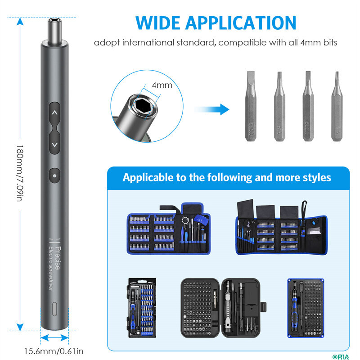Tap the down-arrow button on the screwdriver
[x=54, y=144]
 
